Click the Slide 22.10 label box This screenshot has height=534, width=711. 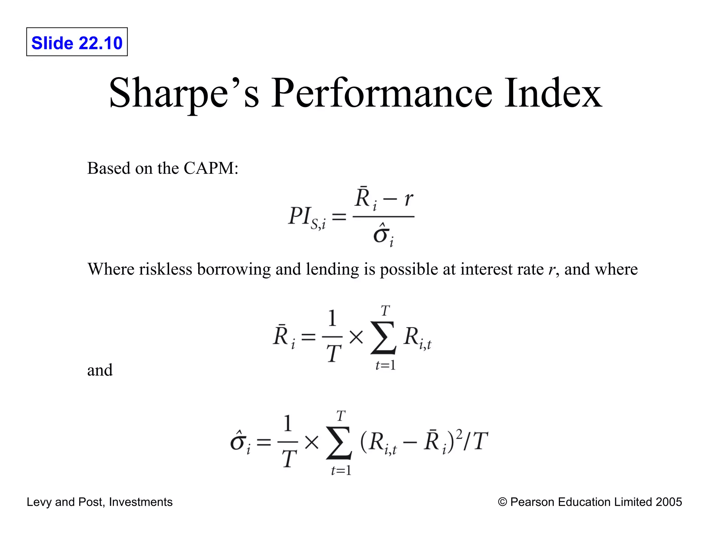pyautogui.click(x=77, y=42)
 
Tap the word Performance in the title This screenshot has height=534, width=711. pyautogui.click(x=381, y=93)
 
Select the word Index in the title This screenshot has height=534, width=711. pyautogui.click(x=553, y=93)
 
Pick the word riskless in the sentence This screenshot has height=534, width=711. pyautogui.click(x=166, y=269)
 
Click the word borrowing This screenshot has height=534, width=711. pyautogui.click(x=234, y=270)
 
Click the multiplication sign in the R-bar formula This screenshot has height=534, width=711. pyautogui.click(x=356, y=337)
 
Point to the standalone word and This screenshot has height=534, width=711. pyautogui.click(x=100, y=370)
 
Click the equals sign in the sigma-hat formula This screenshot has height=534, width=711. pyautogui.click(x=264, y=442)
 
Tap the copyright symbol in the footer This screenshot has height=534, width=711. pyautogui.click(x=502, y=502)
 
